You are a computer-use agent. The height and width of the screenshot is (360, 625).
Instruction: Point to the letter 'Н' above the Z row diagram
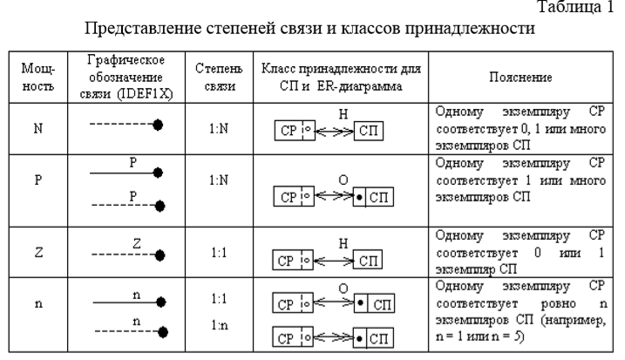pos(344,239)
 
